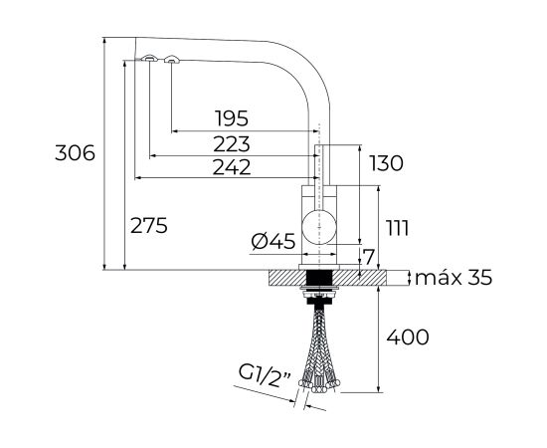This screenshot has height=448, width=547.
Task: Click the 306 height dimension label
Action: [77, 153]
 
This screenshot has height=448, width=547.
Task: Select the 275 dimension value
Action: [148, 225]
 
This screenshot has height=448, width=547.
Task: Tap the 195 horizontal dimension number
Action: [229, 119]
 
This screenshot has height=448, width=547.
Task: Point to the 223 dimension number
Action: [229, 143]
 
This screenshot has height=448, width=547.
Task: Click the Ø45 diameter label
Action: [273, 240]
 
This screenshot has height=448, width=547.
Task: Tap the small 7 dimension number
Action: [369, 258]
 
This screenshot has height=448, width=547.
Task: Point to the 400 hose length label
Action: [410, 337]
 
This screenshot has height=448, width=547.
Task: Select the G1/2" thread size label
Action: [263, 375]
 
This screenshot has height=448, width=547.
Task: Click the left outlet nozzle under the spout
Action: [148, 59]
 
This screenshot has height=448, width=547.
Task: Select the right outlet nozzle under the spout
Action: [171, 60]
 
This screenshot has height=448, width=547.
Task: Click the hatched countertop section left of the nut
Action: [282, 278]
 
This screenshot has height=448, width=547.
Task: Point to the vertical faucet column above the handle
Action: [319, 159]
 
